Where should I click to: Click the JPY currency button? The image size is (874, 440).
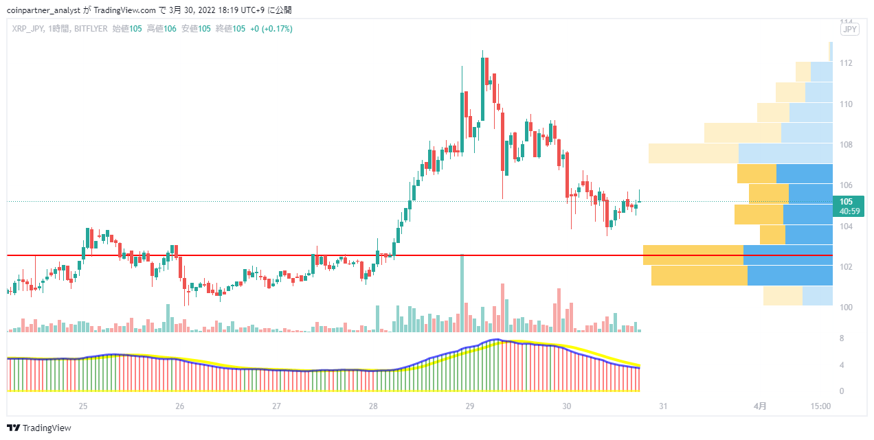pos(849,30)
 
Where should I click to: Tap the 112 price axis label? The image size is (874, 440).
pos(846,63)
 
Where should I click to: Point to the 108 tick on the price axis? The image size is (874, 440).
pos(846,145)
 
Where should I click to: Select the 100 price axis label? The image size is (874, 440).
pos(846,308)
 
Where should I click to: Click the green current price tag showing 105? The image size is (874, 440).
pos(849,206)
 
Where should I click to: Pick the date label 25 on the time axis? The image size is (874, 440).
pos(82,406)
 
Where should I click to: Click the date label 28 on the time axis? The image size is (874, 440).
pos(373,406)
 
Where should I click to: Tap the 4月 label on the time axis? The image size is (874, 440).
pos(760,406)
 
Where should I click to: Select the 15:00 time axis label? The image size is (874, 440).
pos(820,406)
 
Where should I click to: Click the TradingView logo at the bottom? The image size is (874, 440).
pos(39,428)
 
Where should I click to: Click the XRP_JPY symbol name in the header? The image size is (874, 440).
pos(27,29)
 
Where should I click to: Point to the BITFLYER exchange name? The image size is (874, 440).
pos(91,29)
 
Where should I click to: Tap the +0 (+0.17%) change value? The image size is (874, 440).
pos(271,29)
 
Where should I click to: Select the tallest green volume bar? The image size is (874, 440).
pos(462,293)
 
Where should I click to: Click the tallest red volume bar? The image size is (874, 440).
pos(502,308)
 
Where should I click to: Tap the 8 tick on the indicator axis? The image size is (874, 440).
pos(842,338)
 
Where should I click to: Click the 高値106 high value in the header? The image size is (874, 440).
pos(161,29)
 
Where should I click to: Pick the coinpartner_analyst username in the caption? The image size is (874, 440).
pos(44,10)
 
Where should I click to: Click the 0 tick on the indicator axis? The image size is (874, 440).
pos(842,391)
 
